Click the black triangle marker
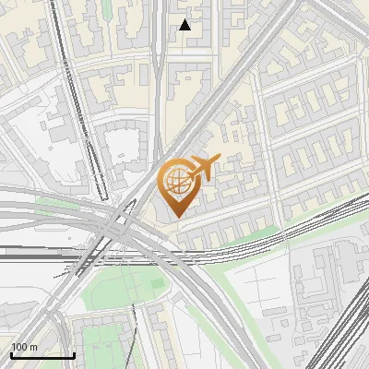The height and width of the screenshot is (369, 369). pyautogui.click(x=184, y=25)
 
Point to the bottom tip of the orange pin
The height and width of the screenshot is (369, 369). pyautogui.click(x=175, y=217)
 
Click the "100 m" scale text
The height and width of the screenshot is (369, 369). pyautogui.click(x=24, y=347)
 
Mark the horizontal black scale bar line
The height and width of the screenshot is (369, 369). pyautogui.click(x=42, y=355)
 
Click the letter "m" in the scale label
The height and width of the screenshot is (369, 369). pyautogui.click(x=33, y=347)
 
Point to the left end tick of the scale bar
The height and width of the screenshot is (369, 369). pyautogui.click(x=11, y=353)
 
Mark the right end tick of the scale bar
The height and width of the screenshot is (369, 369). pyautogui.click(x=74, y=353)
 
